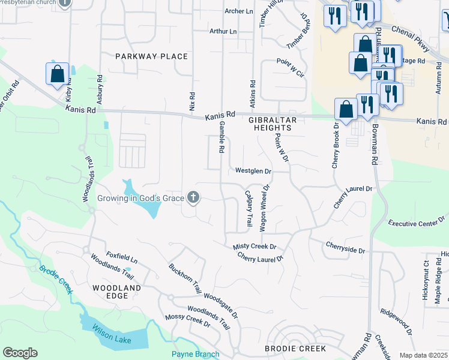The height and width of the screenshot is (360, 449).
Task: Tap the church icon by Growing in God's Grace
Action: (193, 197)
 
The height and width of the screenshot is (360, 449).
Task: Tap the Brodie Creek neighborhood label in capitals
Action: (295, 348)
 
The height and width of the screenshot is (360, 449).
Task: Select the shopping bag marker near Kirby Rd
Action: (57, 74)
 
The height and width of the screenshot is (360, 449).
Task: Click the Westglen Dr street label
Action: (253, 171)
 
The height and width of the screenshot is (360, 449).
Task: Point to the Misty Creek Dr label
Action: (255, 247)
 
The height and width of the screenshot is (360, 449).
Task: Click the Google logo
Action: (20, 352)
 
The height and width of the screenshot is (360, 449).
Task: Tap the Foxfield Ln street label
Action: (122, 258)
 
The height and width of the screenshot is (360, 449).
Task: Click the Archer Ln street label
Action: (239, 11)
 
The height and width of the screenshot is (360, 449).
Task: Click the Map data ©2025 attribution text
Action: (423, 355)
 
